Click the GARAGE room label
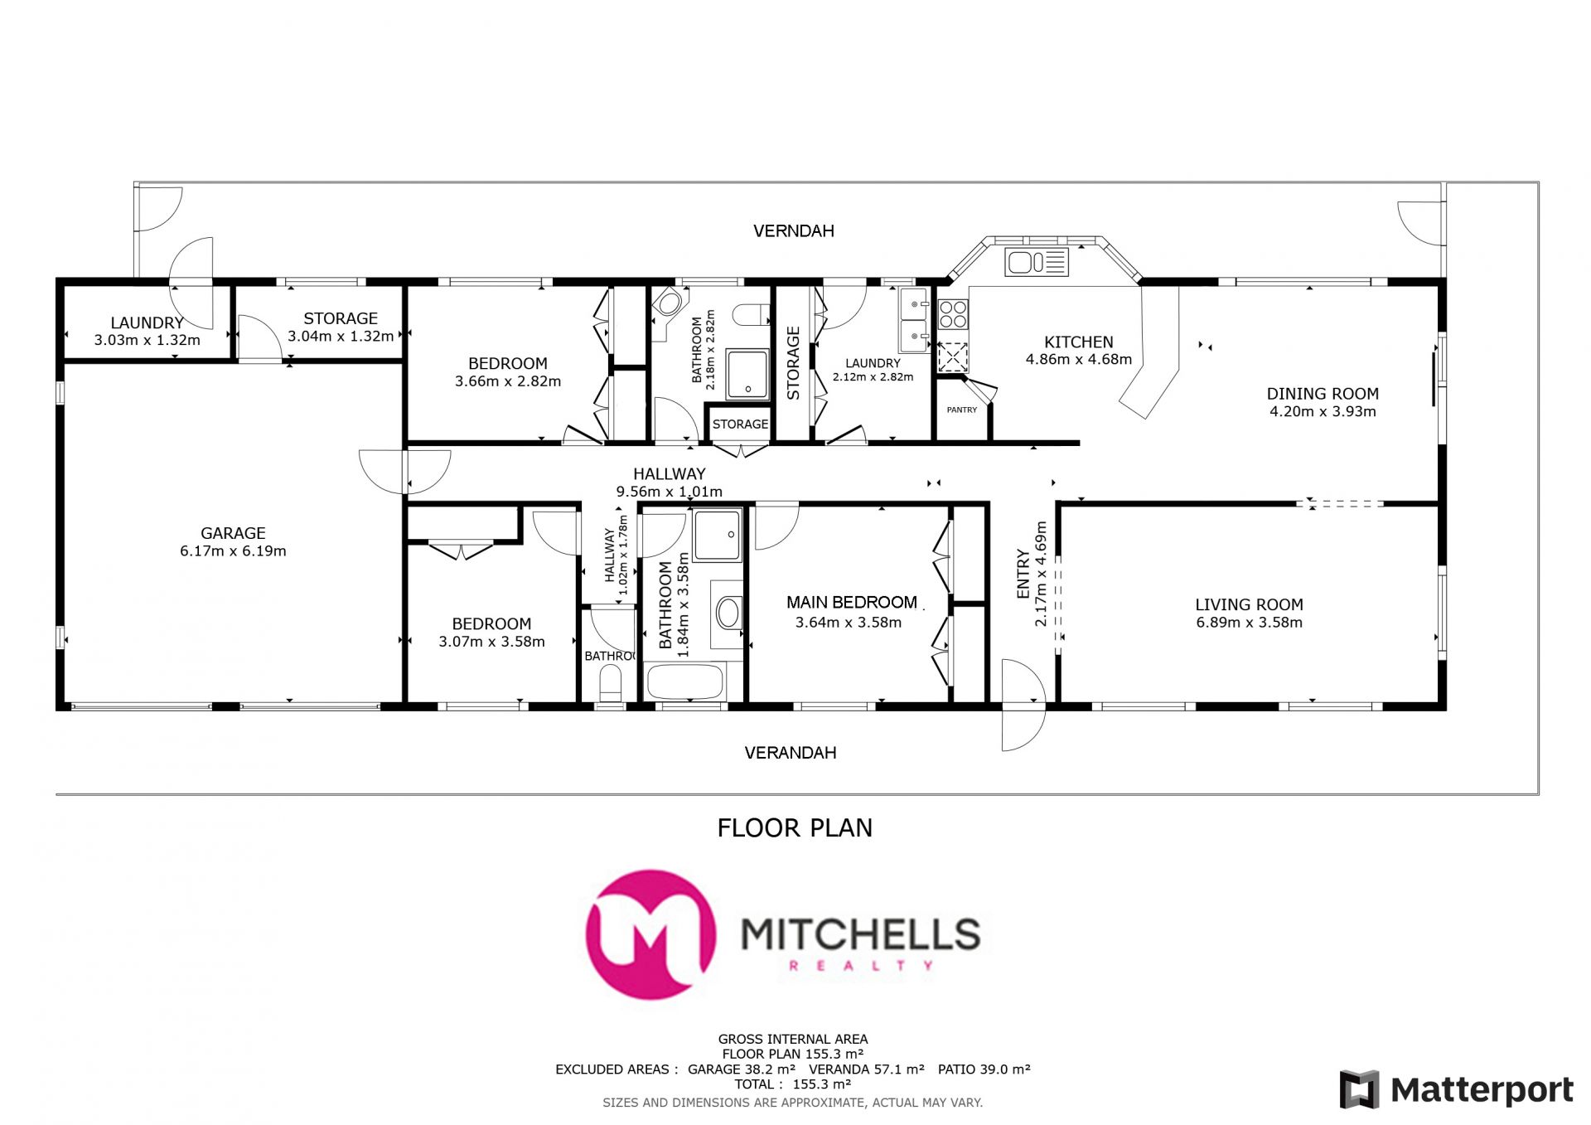pyautogui.click(x=233, y=533)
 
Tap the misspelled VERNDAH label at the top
pyautogui.click(x=793, y=231)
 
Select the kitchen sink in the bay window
pyautogui.click(x=1037, y=263)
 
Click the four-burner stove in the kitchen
pyautogui.click(x=953, y=314)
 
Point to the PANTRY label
pyautogui.click(x=962, y=410)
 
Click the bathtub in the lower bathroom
pyautogui.click(x=685, y=681)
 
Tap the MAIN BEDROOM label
pyautogui.click(x=852, y=603)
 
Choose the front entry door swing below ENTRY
pyautogui.click(x=1023, y=705)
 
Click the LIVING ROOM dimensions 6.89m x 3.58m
pyautogui.click(x=1249, y=623)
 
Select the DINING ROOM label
pyautogui.click(x=1323, y=394)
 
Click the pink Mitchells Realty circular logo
pyautogui.click(x=650, y=934)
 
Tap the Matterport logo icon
pyautogui.click(x=1359, y=1089)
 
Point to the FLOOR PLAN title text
pyautogui.click(x=795, y=828)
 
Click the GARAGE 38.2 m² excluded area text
pyautogui.click(x=742, y=1069)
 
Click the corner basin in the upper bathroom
pyautogui.click(x=669, y=304)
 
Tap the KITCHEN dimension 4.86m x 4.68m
pyautogui.click(x=1078, y=360)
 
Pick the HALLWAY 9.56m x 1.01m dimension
pyautogui.click(x=669, y=492)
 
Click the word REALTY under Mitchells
pyautogui.click(x=861, y=966)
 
